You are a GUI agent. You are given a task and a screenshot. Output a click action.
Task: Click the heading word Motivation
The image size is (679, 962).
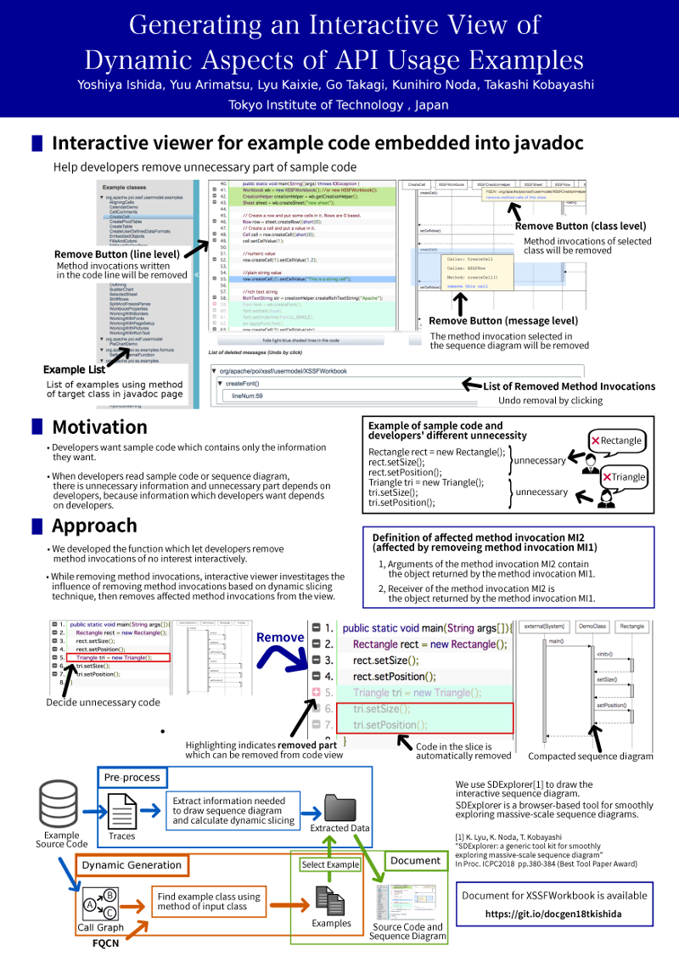99,427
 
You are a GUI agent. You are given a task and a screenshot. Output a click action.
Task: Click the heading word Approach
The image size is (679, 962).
94,526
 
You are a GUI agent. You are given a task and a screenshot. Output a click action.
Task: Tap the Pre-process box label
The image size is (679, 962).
132,777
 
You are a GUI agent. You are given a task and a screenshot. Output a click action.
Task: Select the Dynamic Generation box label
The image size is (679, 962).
131,865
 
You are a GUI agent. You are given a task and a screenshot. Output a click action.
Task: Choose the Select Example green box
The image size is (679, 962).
330,864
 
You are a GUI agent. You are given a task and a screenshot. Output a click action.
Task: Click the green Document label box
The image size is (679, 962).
415,860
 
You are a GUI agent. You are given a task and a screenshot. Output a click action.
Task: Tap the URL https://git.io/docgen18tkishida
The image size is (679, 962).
554,914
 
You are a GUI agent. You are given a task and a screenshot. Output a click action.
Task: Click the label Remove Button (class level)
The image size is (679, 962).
581,226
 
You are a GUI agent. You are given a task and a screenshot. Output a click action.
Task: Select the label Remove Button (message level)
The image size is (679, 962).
503,321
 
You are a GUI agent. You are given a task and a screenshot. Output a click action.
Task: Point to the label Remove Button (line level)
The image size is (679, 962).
117,254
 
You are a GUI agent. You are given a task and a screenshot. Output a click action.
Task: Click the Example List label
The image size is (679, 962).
75,369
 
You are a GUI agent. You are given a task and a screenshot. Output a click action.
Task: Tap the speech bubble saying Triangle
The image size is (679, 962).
623,476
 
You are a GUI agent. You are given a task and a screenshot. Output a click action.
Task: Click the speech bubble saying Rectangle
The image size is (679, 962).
617,441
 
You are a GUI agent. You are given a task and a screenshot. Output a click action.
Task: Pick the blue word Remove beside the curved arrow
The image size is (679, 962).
280,637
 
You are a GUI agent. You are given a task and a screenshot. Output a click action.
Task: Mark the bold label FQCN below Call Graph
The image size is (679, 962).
104,942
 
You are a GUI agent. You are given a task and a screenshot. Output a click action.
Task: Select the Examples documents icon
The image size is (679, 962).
330,898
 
